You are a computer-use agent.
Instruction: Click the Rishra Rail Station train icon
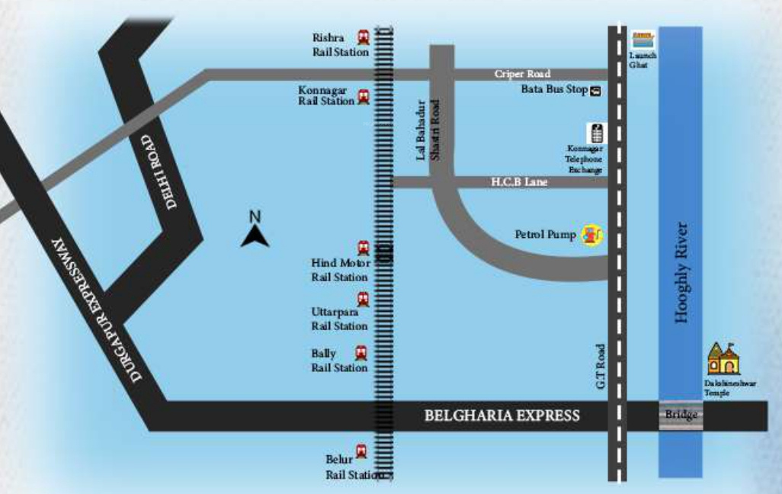point(364,37)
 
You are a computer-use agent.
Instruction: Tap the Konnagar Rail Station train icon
point(364,97)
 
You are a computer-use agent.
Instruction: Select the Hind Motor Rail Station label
point(340,270)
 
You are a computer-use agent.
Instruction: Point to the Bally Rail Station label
point(339,361)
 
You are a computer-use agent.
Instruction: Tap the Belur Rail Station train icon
point(361,452)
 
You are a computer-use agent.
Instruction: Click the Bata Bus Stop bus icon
point(595,91)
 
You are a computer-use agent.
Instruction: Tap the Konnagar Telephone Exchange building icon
point(596,133)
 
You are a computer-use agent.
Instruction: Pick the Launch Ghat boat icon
point(643,40)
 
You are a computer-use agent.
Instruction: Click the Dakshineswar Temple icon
point(723,358)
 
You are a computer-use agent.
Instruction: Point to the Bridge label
point(681,415)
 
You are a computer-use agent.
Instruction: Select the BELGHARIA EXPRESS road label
point(502,415)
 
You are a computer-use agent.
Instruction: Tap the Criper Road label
point(522,74)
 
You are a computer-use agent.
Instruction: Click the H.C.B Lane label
point(519,182)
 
